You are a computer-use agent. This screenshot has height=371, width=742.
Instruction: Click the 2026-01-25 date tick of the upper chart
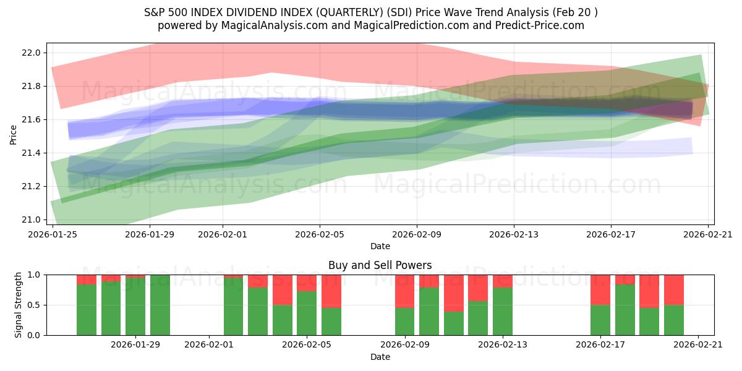tap(53, 234)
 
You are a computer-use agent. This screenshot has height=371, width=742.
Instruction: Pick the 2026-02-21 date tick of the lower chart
tap(698, 345)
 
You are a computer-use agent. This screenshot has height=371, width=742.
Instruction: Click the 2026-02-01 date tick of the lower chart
tap(209, 345)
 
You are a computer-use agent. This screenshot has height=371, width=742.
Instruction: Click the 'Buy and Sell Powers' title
tap(380, 265)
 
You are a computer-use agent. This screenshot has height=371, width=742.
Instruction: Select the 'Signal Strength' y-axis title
tap(18, 304)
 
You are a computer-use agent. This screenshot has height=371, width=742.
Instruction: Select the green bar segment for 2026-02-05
tap(307, 313)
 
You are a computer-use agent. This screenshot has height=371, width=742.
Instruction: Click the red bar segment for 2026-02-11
tap(454, 293)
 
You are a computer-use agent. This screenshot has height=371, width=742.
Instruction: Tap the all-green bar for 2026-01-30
tap(160, 305)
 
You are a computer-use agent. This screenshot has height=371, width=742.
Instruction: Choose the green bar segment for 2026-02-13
tap(503, 311)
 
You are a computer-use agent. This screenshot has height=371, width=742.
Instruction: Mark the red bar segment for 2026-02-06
tap(331, 291)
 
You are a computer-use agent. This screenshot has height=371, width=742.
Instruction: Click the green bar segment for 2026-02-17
tap(600, 320)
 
